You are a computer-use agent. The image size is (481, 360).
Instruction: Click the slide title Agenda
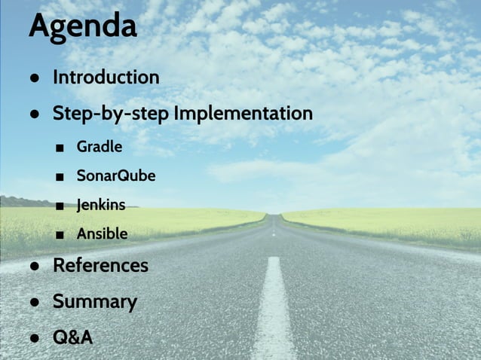coord(83,26)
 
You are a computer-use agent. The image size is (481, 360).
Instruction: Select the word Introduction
coord(106,78)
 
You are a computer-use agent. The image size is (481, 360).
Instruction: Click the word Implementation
coord(243,114)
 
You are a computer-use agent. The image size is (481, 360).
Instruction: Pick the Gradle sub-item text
coord(99,146)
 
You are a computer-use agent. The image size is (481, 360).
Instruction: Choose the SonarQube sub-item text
coord(115,176)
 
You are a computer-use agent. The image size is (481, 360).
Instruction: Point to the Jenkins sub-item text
coord(100,204)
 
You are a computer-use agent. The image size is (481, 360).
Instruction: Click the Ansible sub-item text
coord(102,234)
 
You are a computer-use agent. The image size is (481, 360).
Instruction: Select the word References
coord(100,266)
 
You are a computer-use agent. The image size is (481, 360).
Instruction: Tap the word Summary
coord(94,302)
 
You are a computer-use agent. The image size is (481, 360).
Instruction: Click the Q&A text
coord(72,337)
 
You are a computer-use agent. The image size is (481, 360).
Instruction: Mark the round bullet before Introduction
coord(35,79)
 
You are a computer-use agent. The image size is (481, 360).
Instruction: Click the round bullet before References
coord(35,267)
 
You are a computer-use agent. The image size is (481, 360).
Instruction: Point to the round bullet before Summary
coord(35,303)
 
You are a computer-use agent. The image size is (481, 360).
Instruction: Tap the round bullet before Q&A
coord(35,338)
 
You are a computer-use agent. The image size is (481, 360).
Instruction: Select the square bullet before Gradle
coord(60,148)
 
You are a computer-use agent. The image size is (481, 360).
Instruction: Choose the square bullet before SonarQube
coord(60,177)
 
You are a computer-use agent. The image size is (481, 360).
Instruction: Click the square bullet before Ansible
coord(60,235)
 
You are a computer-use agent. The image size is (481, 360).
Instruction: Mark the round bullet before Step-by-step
coord(35,115)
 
